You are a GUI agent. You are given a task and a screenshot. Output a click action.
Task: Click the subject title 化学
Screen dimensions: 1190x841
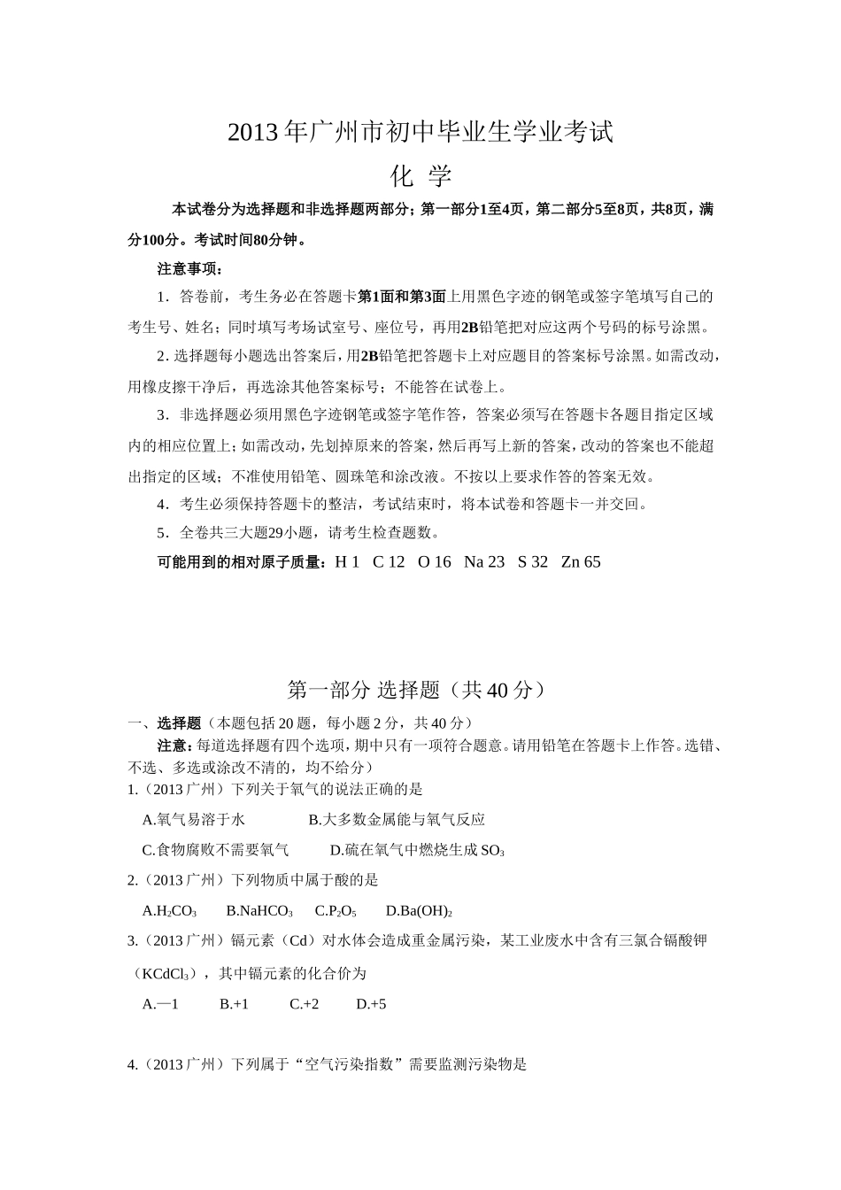[420, 175]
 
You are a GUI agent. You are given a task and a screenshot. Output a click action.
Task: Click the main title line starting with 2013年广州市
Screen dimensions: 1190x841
[420, 132]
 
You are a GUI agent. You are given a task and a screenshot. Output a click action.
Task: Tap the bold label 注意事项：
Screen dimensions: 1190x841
[190, 268]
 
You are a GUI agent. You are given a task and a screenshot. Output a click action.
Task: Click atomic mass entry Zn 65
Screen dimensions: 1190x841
[581, 562]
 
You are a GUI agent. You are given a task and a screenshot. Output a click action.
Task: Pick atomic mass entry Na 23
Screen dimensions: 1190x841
[483, 562]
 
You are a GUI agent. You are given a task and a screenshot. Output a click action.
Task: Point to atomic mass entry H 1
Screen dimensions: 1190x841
[346, 562]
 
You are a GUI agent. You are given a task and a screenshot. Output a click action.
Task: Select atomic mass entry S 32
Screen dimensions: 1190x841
[533, 562]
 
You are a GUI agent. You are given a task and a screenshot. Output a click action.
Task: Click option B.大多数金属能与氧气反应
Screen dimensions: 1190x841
[397, 820]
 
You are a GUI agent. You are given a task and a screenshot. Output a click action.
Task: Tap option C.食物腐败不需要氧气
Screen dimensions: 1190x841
[215, 850]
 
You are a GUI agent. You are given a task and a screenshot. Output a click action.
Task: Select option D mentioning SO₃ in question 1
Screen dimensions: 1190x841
[417, 850]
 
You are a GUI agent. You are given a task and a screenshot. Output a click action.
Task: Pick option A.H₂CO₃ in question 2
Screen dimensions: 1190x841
[169, 910]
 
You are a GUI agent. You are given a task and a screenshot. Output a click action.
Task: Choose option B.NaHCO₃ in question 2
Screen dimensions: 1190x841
[259, 910]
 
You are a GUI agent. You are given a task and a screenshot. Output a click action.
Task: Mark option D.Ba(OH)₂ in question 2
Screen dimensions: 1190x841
[419, 910]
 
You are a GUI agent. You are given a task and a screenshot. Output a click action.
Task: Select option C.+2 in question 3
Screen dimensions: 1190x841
[304, 1004]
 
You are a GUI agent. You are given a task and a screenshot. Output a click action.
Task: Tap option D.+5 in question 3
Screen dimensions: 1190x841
[371, 1004]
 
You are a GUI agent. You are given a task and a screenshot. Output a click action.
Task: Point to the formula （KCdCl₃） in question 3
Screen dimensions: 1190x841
[160, 974]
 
